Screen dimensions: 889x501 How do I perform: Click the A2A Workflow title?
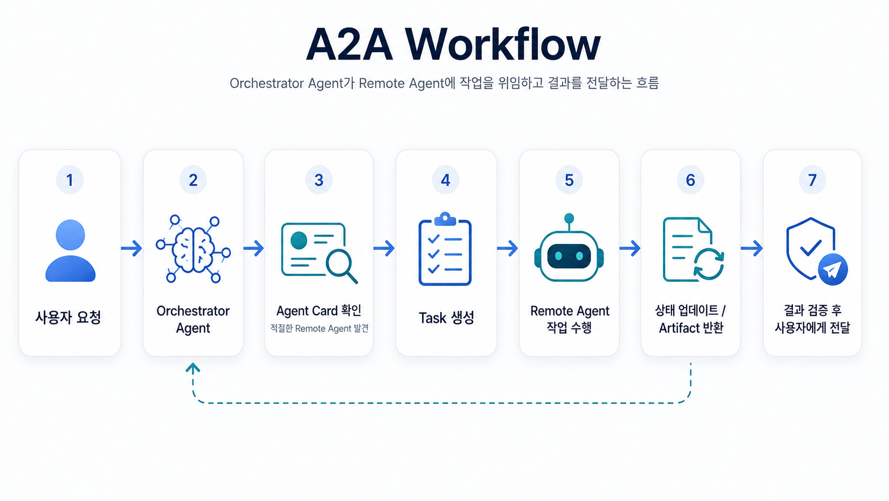[x=453, y=44]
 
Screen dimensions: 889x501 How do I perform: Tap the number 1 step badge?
[x=70, y=180]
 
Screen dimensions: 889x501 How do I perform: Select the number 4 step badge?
[x=446, y=180]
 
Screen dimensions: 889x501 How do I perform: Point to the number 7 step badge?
[x=812, y=180]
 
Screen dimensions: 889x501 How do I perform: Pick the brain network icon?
[x=194, y=249]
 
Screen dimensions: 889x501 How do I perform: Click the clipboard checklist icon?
[x=445, y=249]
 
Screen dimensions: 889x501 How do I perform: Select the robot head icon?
[x=569, y=248]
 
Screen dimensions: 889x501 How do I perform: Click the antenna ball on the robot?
[x=569, y=218]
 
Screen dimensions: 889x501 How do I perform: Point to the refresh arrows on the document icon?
[x=709, y=264]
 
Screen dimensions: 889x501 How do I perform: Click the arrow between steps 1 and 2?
[x=132, y=248]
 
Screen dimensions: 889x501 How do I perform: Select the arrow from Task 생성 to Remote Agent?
[x=508, y=248]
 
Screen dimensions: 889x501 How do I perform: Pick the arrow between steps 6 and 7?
[x=752, y=248]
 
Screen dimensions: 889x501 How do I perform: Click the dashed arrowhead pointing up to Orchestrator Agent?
[x=193, y=368]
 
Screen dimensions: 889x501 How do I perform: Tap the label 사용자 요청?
[x=68, y=317]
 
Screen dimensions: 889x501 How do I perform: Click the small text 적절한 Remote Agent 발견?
[x=320, y=328]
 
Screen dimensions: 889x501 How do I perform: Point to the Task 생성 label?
[x=447, y=318]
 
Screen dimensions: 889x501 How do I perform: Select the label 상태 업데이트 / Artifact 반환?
[x=691, y=319]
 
